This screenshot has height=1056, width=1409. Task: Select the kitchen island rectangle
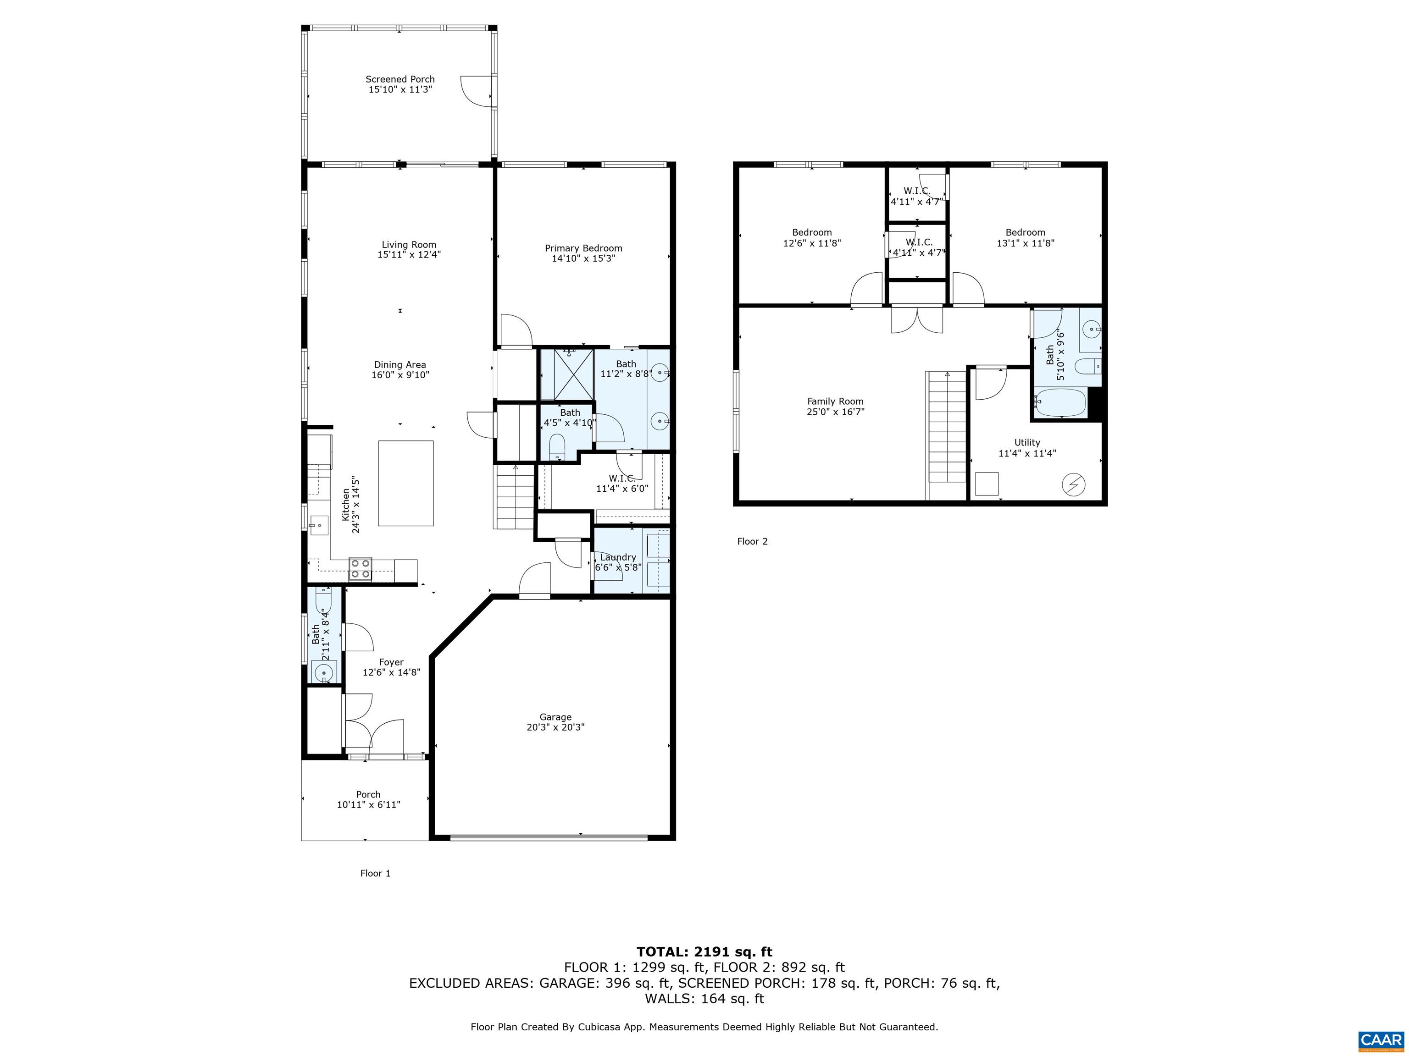pos(406,483)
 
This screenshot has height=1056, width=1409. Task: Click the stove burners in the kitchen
pos(361,568)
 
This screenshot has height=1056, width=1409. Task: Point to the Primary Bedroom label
pos(583,248)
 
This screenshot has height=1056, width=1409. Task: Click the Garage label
pos(555,717)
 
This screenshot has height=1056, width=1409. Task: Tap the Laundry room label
pos(618,557)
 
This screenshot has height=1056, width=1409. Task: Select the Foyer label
pos(391,662)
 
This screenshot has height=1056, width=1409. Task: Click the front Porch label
pos(368,794)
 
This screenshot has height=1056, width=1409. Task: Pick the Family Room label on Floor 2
pos(835,401)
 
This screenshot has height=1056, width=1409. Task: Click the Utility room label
pos(1027,442)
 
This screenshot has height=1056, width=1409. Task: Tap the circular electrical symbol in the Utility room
pos(1073,485)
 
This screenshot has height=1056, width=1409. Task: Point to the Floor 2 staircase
pos(947,436)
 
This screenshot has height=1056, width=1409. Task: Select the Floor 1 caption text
pos(375,873)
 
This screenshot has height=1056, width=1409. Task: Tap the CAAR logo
pos(1381,1040)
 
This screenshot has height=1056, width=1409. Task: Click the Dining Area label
pos(400,365)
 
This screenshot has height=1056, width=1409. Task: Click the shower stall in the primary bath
pos(567,374)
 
